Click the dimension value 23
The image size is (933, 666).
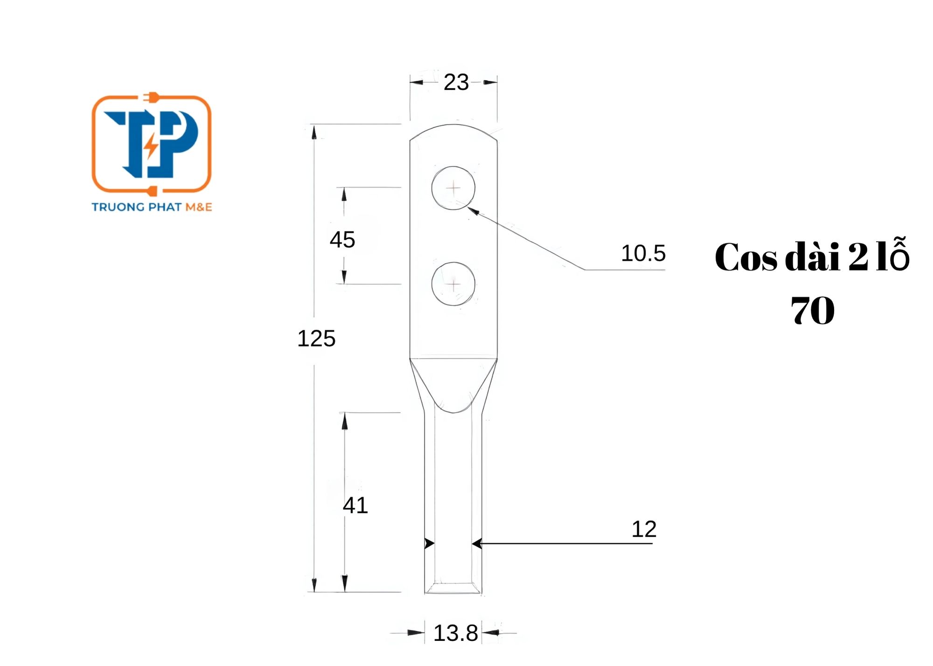tap(456, 83)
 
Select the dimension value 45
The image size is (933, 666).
tap(342, 240)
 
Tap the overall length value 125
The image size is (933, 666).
tap(316, 339)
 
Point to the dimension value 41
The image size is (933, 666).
tap(355, 505)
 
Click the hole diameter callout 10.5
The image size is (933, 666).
tap(643, 253)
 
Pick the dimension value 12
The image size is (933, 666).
tap(644, 529)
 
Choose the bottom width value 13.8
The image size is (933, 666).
tap(456, 633)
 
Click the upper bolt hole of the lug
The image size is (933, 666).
tap(453, 188)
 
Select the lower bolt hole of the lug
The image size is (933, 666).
tap(453, 284)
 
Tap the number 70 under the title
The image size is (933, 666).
tap(813, 311)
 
